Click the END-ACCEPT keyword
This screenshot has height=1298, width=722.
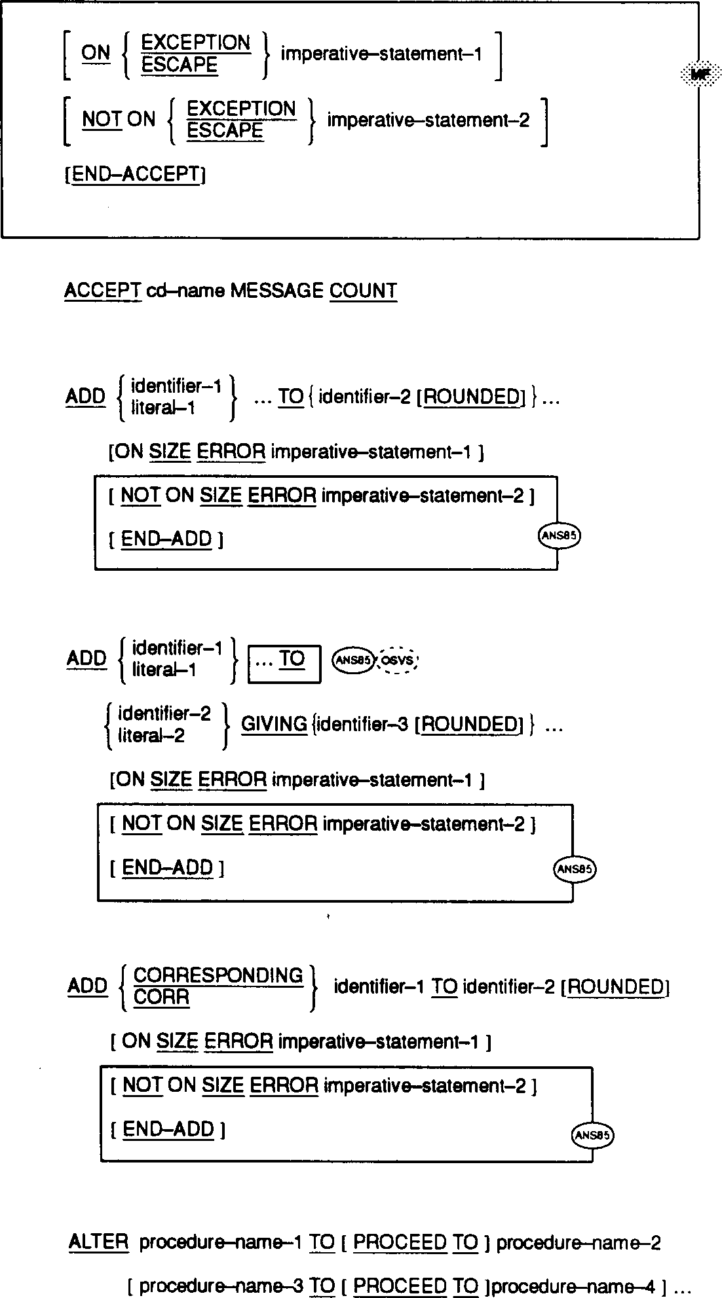tap(136, 174)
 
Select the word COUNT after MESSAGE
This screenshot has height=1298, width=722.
tap(363, 291)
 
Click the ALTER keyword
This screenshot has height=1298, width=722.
tap(98, 1242)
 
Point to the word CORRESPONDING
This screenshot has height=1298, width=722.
tap(218, 976)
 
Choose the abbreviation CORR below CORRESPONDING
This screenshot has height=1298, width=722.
tap(161, 998)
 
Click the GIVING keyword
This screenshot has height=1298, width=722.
tap(274, 724)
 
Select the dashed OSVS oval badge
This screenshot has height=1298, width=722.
tap(398, 660)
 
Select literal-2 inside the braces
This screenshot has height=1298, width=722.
tap(151, 736)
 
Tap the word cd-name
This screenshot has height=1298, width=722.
tap(186, 291)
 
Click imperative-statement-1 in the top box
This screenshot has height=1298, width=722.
tap(381, 54)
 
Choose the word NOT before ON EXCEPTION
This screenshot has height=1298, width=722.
tap(102, 119)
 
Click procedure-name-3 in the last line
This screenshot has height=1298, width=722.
tap(221, 1286)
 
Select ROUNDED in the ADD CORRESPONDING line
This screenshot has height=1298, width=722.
tap(615, 987)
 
